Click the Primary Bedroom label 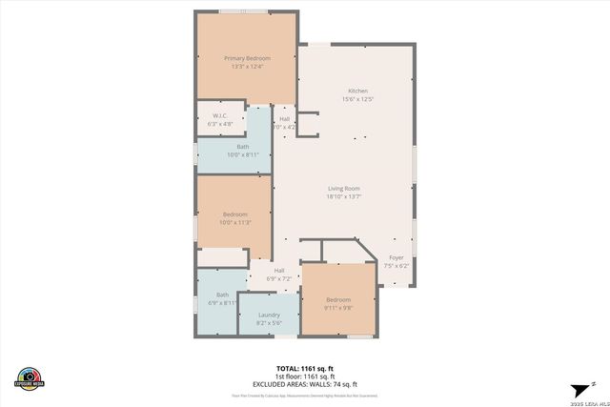coord(247,58)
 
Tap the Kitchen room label coord(357,91)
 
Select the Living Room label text coord(344,189)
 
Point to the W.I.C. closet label coord(218,116)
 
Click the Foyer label coord(396,257)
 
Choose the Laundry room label coord(268,315)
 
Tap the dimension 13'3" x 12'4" coord(247,67)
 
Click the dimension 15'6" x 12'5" coord(357,99)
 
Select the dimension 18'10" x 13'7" coord(344,197)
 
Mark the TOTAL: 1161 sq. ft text coord(304,368)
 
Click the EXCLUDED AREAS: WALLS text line coord(304,383)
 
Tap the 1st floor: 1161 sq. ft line coord(304,376)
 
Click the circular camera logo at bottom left coord(30,377)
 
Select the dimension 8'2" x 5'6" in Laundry coord(268,323)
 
